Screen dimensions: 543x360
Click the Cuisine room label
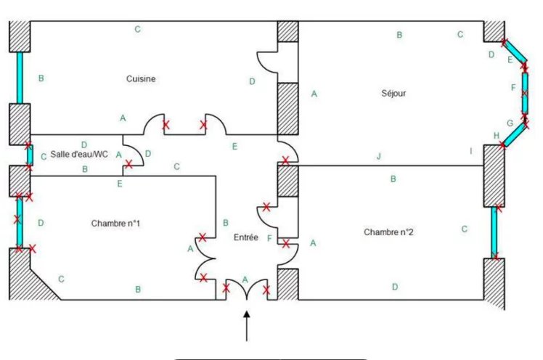tap(141, 79)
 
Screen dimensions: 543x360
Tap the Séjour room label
tap(393, 93)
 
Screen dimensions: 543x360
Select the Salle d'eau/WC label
tap(79, 154)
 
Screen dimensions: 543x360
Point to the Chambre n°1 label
tap(115, 224)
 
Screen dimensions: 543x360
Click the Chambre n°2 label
tap(388, 232)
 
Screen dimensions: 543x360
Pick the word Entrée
tap(246, 237)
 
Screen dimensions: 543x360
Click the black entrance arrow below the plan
tap(247, 326)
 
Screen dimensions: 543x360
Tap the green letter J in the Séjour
tap(379, 157)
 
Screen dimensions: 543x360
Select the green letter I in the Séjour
tap(471, 151)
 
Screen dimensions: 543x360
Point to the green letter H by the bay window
tap(497, 136)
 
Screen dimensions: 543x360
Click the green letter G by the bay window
tap(510, 123)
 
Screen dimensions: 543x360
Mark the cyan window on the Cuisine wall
tap(20, 78)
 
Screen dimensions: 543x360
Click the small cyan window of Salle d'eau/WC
tap(30, 155)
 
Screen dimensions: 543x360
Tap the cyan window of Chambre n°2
tap(494, 232)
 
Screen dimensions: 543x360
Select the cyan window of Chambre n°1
tap(20, 222)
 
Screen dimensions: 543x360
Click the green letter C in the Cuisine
tap(137, 30)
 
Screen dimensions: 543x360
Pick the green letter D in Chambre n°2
tap(395, 287)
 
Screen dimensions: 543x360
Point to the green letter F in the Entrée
tap(269, 238)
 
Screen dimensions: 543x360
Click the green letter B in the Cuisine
tap(41, 78)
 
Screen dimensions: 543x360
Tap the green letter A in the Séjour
tap(314, 94)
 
